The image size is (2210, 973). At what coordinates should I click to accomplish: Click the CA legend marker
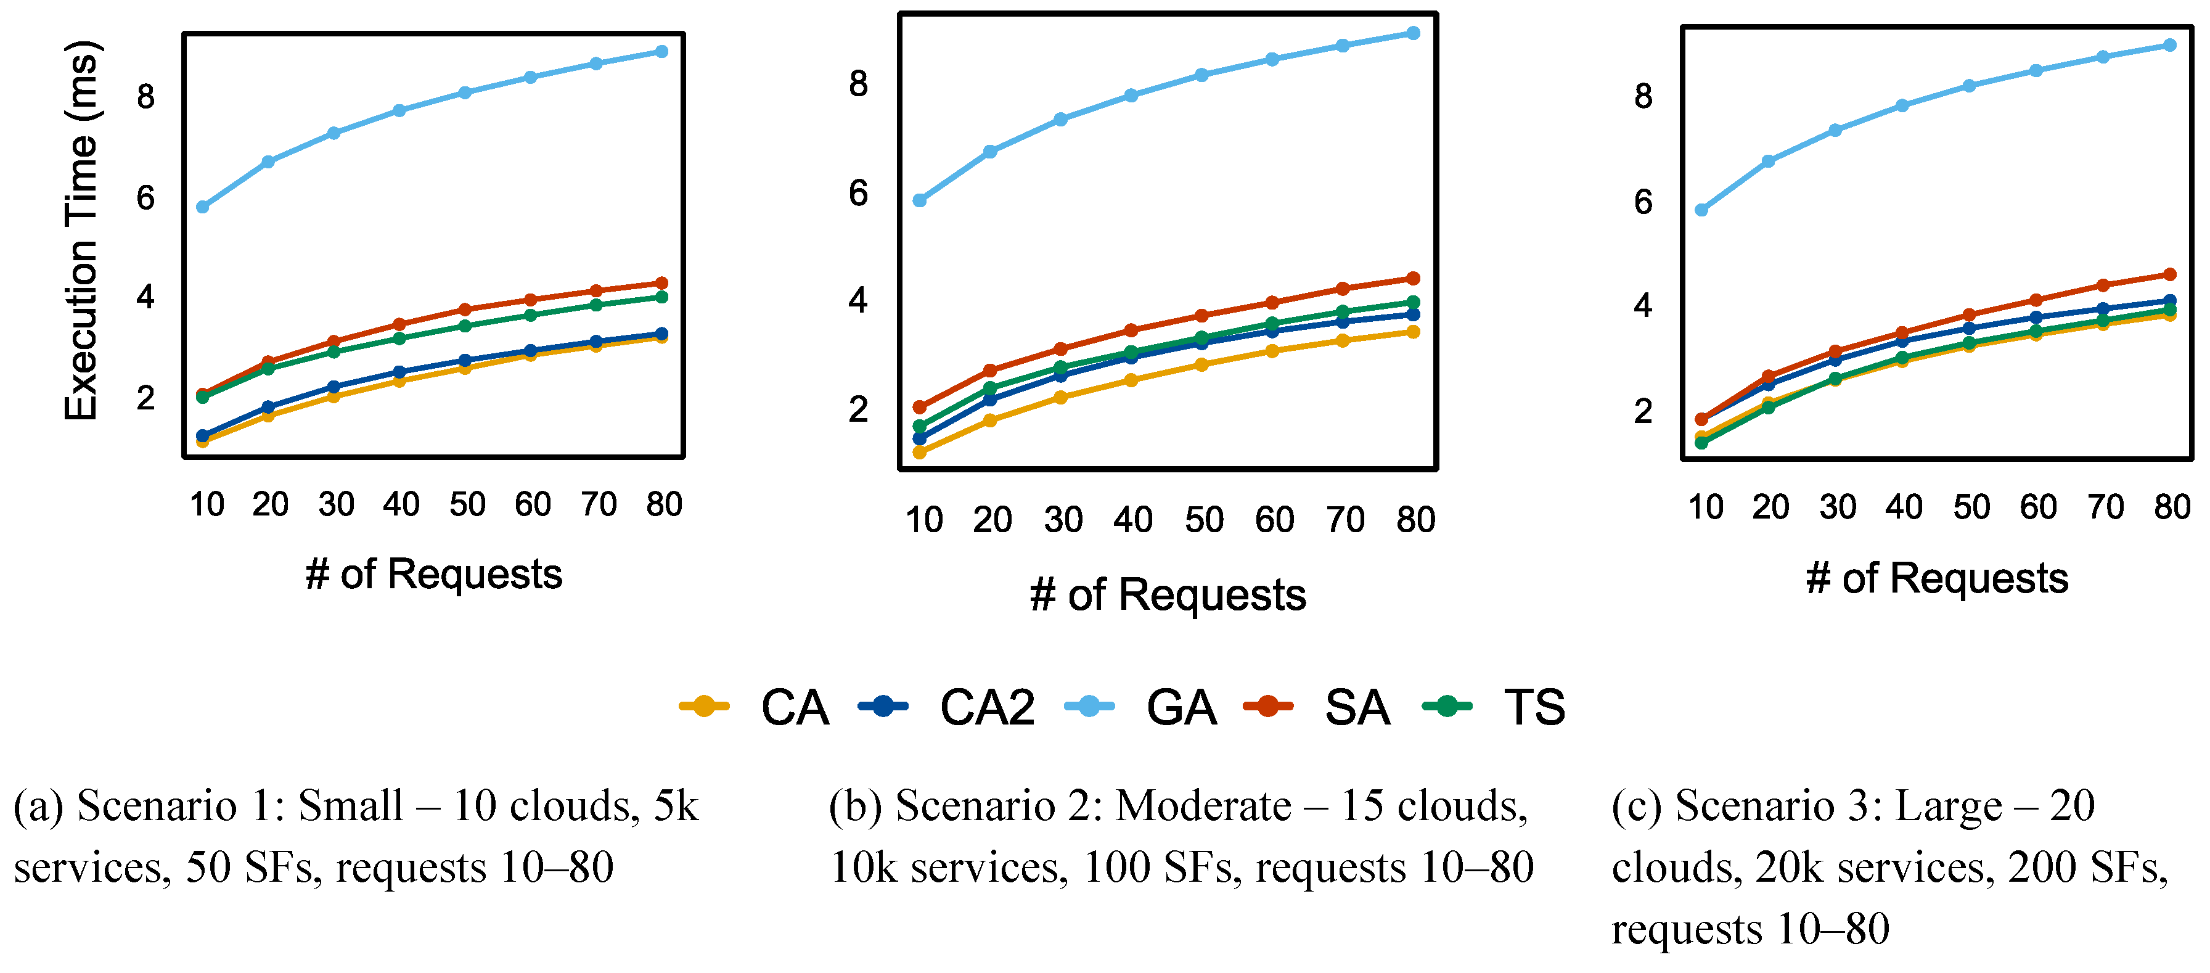click(703, 707)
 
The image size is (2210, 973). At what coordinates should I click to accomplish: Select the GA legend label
click(1181, 708)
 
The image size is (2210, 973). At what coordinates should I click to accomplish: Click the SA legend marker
click(1268, 707)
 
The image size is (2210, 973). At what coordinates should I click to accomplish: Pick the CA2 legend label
click(986, 708)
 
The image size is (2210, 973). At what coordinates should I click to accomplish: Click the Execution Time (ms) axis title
click(83, 230)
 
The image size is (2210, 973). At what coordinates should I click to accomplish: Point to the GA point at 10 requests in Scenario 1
click(202, 207)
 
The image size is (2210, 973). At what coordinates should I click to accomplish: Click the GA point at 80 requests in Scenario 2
click(1414, 33)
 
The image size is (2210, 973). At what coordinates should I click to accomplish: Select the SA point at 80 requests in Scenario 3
click(2170, 274)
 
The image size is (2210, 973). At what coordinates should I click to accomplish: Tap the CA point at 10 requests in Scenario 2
click(920, 452)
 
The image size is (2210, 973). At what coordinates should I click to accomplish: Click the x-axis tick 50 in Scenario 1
click(467, 504)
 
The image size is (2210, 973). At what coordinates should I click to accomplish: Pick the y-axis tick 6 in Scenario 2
click(858, 193)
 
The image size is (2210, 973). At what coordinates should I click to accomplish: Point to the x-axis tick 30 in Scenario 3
click(1838, 507)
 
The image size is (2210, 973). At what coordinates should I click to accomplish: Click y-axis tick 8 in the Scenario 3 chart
click(1643, 96)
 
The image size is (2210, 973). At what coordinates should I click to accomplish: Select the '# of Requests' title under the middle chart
click(1168, 594)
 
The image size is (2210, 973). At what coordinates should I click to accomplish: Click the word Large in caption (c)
click(1947, 806)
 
